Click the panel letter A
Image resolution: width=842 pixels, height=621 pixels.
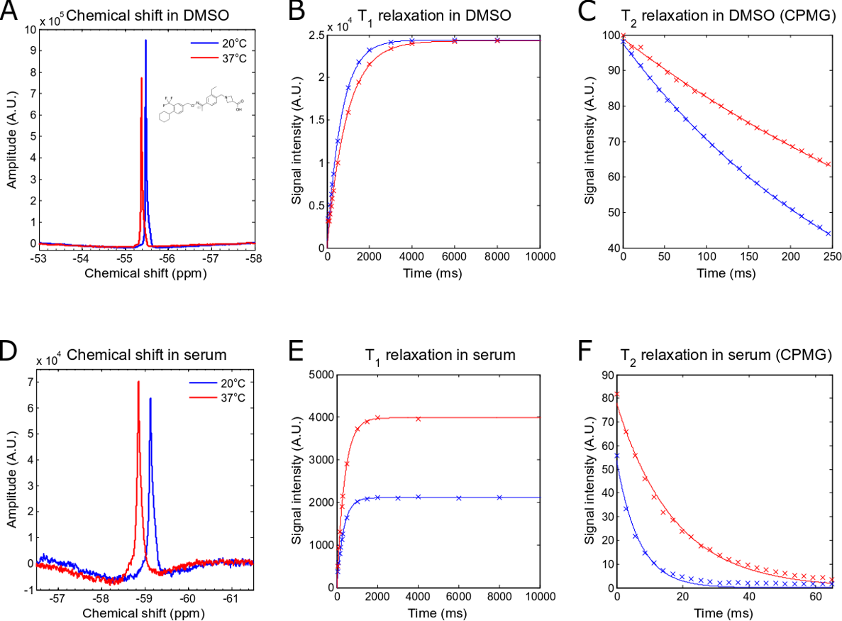click(10, 13)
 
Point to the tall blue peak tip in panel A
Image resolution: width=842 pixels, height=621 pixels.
click(145, 40)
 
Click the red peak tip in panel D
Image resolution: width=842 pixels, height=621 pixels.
click(138, 382)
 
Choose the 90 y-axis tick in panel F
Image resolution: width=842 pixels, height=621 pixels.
click(608, 375)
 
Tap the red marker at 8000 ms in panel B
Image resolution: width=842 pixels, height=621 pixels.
click(497, 40)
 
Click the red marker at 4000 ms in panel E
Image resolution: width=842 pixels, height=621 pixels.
click(419, 419)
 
